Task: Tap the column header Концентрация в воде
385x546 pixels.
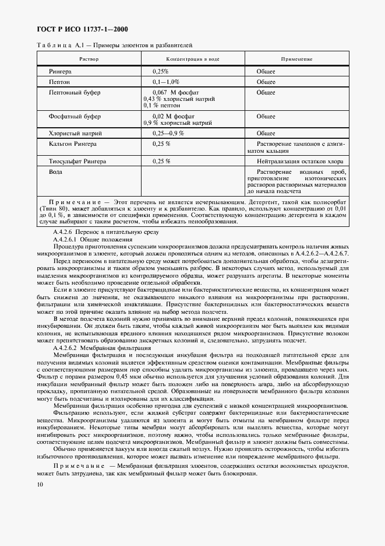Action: click(193, 59)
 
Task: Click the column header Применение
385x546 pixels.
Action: click(296, 59)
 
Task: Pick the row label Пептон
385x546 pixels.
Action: click(59, 82)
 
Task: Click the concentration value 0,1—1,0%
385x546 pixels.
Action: click(165, 82)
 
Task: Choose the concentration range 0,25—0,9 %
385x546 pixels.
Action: click(168, 133)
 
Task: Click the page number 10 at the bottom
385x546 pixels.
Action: click(39, 484)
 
